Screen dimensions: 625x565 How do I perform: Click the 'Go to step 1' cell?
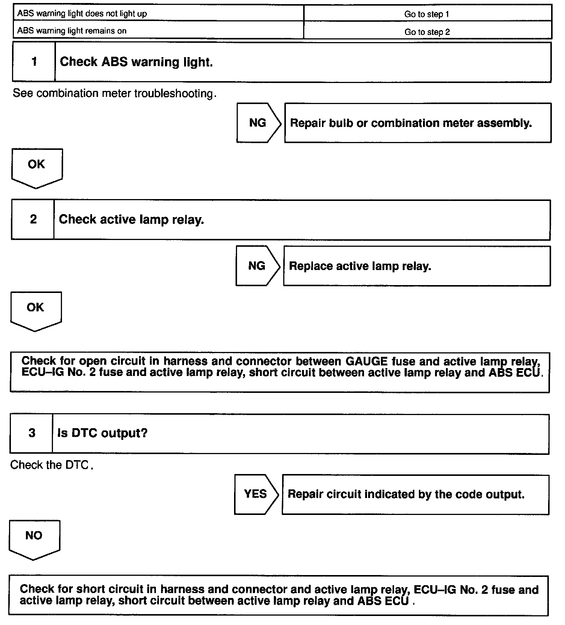pos(427,14)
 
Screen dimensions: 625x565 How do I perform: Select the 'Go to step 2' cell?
pos(427,32)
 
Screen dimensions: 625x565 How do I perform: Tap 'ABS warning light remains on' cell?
pos(72,31)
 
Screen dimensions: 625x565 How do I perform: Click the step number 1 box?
pos(34,62)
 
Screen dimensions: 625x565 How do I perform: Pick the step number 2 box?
pos(33,220)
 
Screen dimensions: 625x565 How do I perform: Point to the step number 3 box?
pos(32,433)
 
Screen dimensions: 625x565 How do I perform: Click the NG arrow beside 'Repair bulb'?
pos(258,123)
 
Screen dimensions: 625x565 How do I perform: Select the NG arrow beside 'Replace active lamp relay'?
pos(257,266)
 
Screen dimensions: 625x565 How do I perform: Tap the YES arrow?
pos(256,494)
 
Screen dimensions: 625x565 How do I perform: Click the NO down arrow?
pos(34,538)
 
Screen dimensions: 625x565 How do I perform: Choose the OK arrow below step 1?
pos(36,167)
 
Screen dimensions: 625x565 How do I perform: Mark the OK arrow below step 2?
pos(36,310)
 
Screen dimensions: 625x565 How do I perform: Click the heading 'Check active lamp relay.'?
pos(131,220)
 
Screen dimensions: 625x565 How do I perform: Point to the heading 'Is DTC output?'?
pos(102,433)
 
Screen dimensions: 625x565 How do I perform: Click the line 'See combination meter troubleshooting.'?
pos(115,93)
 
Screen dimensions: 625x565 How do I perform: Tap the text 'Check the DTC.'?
pos(51,465)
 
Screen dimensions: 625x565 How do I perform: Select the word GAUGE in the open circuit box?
pos(366,361)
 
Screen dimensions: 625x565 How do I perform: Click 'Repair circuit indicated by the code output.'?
pos(406,494)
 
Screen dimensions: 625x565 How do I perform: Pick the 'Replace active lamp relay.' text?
pos(360,266)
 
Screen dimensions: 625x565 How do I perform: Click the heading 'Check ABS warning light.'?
pos(136,62)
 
